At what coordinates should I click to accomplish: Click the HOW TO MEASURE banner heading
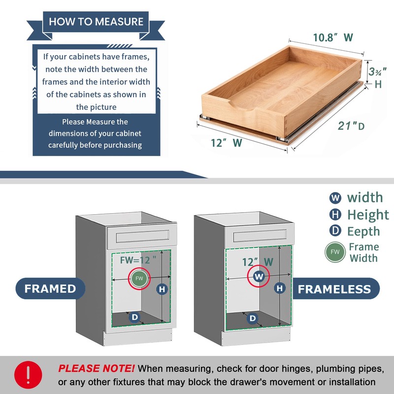pos(96,22)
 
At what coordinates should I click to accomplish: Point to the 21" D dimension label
pos(350,126)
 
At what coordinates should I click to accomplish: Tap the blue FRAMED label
pos(50,289)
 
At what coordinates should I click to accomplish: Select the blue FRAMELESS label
pos(334,289)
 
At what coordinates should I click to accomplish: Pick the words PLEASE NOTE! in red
pos(97,368)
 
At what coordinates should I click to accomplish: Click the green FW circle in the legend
pos(335,252)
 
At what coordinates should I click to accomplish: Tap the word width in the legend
pos(364,197)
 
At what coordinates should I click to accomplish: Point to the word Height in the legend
pos(368,215)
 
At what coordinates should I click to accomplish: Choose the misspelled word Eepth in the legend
pos(363,231)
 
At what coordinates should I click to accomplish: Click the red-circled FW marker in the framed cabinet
pos(139,279)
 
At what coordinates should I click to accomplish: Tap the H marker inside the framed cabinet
pos(162,290)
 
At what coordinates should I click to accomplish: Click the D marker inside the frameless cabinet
pos(253,319)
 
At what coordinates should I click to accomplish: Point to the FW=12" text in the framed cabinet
pos(134,259)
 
